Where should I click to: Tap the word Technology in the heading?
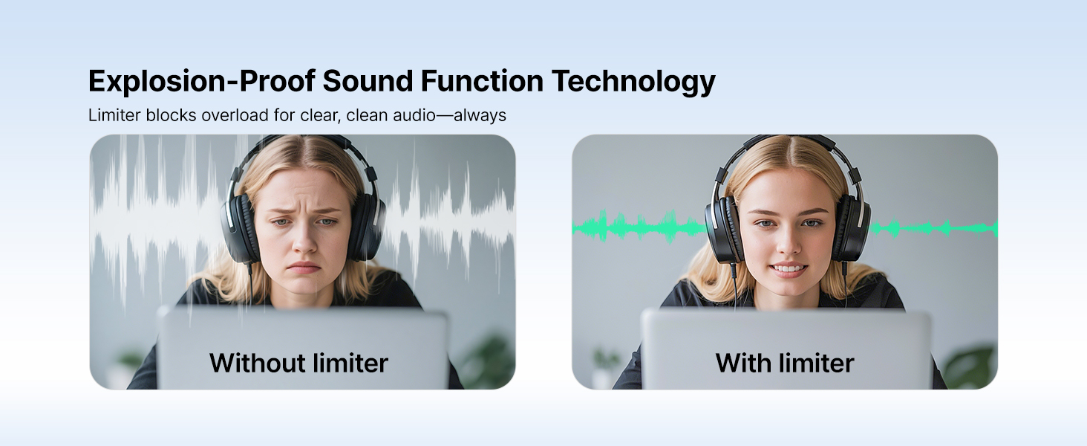click(633, 81)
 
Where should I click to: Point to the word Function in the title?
click(482, 80)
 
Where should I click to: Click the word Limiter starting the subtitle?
click(115, 115)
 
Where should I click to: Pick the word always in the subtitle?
click(480, 116)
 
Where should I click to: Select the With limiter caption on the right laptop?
click(785, 363)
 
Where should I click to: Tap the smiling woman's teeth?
click(788, 268)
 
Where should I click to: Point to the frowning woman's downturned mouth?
click(304, 268)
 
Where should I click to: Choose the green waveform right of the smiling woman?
click(933, 228)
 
